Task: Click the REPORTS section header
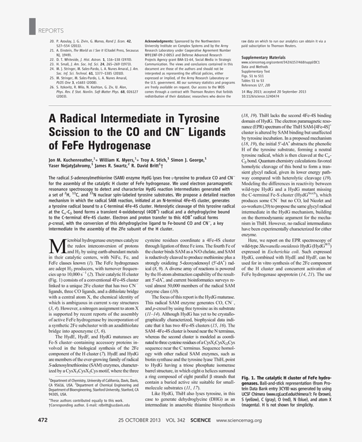[51, 30]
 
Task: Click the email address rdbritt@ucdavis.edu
[111, 404]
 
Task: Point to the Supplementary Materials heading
[263, 57]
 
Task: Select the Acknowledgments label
[159, 40]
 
